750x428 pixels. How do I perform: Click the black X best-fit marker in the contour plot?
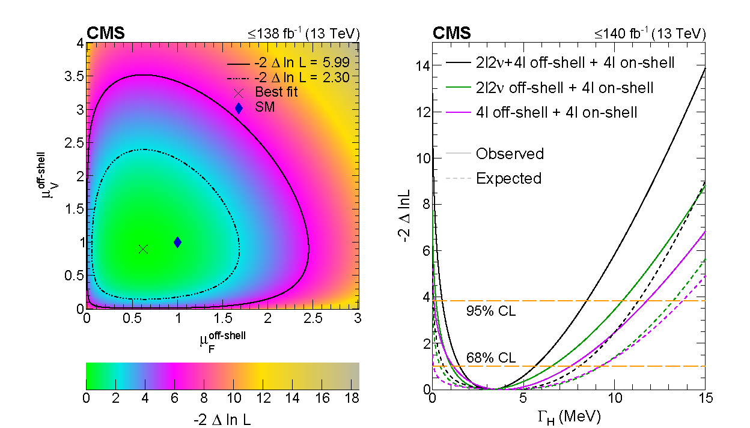[143, 249]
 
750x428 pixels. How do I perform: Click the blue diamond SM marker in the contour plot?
[177, 242]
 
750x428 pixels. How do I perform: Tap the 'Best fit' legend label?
[276, 92]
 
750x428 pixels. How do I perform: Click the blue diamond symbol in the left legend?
[239, 109]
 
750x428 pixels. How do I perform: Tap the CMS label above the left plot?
[106, 34]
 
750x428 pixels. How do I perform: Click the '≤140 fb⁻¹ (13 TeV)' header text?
[650, 34]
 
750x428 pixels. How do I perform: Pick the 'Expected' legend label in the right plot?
[508, 178]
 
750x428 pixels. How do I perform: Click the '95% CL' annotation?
[490, 311]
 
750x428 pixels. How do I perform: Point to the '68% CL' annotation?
[490, 358]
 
